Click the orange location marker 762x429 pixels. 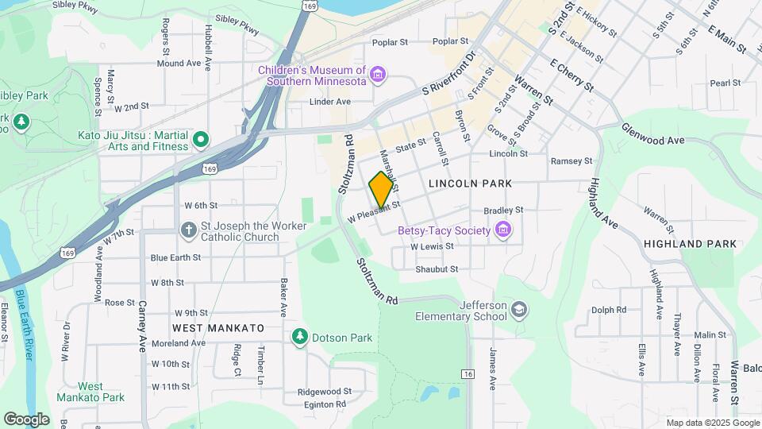(x=382, y=190)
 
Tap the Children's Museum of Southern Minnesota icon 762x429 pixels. (x=378, y=75)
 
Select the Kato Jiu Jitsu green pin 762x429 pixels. (x=201, y=141)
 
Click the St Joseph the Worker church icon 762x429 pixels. (x=188, y=231)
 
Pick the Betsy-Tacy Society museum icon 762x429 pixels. (x=502, y=230)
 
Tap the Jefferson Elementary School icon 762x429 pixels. (x=519, y=309)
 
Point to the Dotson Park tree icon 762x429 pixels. (x=299, y=338)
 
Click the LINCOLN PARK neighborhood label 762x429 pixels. (x=470, y=184)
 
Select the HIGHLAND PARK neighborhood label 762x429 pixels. (x=690, y=244)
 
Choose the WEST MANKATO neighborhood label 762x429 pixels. (x=217, y=327)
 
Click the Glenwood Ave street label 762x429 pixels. (x=652, y=133)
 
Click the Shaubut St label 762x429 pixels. (x=437, y=269)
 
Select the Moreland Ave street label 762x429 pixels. (x=179, y=343)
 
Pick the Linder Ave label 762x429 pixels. (x=329, y=102)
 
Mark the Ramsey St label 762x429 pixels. (x=571, y=160)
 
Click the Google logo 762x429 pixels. (x=26, y=419)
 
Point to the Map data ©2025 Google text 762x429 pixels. (x=711, y=423)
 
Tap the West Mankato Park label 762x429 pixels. (x=90, y=392)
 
